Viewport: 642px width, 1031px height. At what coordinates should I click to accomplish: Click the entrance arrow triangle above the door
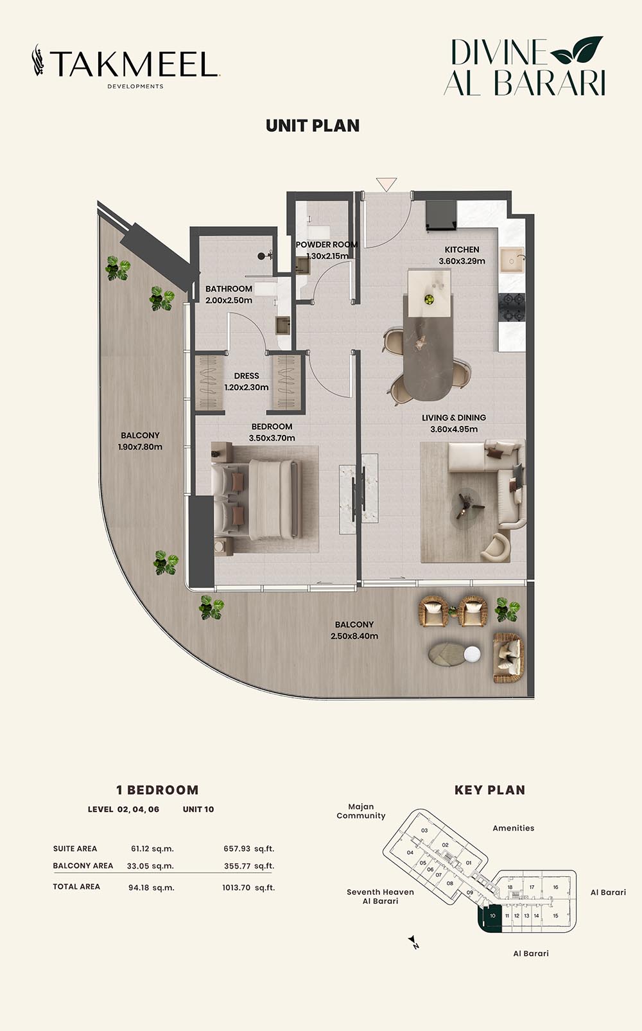(x=386, y=184)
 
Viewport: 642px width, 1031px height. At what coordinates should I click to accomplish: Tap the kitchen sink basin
(x=512, y=261)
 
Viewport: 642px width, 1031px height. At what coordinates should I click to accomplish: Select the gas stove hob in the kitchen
(x=512, y=308)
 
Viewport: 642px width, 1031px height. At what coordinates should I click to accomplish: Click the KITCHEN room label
(x=462, y=249)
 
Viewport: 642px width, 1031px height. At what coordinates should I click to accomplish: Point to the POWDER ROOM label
(x=327, y=244)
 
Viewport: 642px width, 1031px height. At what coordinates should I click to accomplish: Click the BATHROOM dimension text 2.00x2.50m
(x=229, y=300)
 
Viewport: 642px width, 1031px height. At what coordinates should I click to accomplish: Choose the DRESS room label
(x=247, y=376)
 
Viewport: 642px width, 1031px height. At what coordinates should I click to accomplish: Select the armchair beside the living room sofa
(x=496, y=547)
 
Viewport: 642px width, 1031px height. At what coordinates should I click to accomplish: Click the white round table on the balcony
(x=472, y=653)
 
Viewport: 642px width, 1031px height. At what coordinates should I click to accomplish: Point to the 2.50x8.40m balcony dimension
(x=354, y=636)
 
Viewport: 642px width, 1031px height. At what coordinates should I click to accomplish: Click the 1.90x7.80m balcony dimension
(x=140, y=446)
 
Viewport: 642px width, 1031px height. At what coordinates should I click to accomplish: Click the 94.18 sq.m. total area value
(x=152, y=888)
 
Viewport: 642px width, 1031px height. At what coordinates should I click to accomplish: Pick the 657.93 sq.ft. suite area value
(x=249, y=849)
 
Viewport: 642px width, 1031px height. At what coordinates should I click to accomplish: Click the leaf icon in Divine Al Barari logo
(x=577, y=49)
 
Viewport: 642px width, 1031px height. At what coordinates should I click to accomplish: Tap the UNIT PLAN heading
(x=313, y=126)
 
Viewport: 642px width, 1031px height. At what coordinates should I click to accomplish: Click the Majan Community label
(x=361, y=811)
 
